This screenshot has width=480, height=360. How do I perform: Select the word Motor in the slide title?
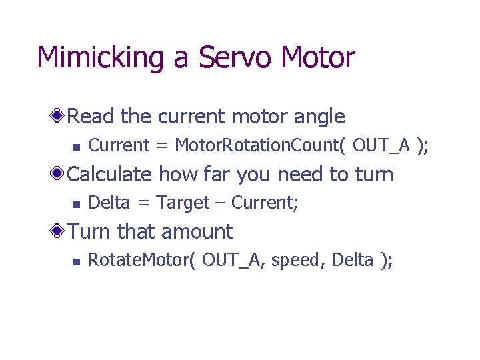(317, 58)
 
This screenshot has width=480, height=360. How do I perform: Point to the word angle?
(316, 117)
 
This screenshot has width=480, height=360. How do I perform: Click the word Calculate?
(110, 175)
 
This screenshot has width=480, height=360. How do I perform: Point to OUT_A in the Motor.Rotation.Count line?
(381, 145)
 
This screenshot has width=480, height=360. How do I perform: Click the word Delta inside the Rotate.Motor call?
(351, 260)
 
